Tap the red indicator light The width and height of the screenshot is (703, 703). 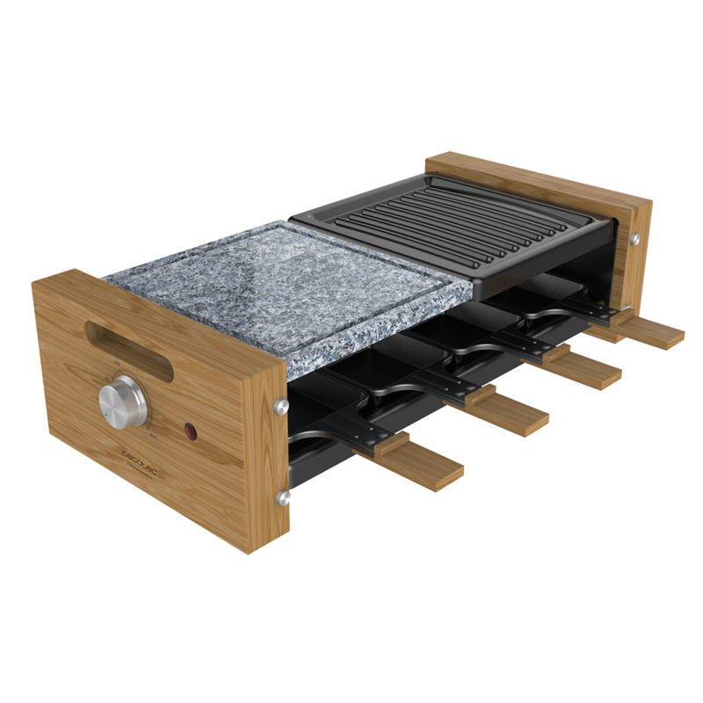pyautogui.click(x=187, y=431)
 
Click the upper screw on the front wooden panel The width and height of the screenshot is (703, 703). pyautogui.click(x=282, y=405)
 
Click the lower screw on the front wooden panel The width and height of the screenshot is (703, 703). pyautogui.click(x=282, y=498)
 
